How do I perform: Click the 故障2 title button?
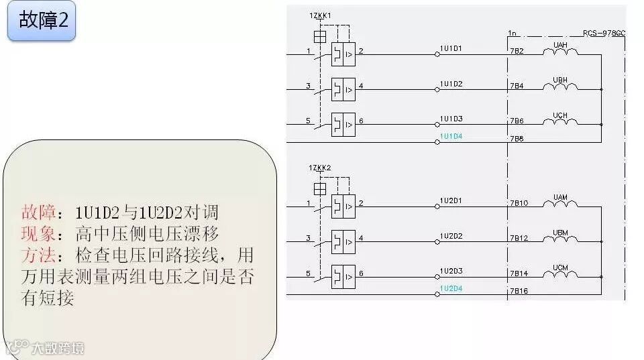(x=42, y=20)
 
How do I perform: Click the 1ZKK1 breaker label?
(x=320, y=15)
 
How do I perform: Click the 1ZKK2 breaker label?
(x=320, y=167)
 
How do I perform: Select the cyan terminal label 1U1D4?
(x=451, y=136)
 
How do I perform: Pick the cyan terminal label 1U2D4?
(x=451, y=288)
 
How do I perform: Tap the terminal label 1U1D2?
(x=451, y=84)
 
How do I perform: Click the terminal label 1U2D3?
(x=451, y=271)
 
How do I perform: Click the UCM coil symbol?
(x=560, y=274)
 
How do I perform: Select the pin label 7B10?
(x=519, y=203)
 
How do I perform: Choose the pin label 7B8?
(x=517, y=139)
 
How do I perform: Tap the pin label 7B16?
(x=519, y=291)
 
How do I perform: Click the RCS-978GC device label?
(x=604, y=32)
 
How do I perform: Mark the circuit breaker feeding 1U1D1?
(x=343, y=54)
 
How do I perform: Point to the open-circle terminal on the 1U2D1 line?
(x=437, y=207)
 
